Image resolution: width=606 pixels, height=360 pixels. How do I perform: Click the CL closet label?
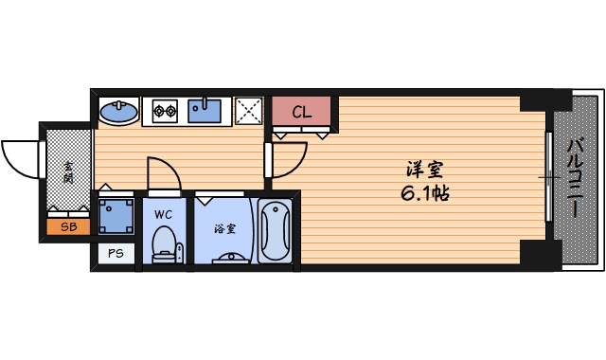[x=301, y=112]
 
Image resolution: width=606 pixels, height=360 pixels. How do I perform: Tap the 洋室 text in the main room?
[x=423, y=171]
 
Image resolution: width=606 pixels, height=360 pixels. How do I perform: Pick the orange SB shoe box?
[x=68, y=227]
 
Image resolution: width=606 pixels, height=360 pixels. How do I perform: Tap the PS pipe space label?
[x=116, y=253]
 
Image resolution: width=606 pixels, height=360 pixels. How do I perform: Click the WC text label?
[x=163, y=214]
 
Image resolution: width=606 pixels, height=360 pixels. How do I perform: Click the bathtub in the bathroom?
[x=276, y=230]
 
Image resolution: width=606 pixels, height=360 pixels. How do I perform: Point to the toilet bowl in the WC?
[x=165, y=244]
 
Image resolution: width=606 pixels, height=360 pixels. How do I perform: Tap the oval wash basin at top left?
[x=118, y=112]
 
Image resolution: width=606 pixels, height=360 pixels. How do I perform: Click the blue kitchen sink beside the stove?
[x=205, y=111]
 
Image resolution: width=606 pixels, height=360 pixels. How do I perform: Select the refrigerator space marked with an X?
[x=249, y=111]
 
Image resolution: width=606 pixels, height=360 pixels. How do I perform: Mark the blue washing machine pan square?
[x=116, y=216]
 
